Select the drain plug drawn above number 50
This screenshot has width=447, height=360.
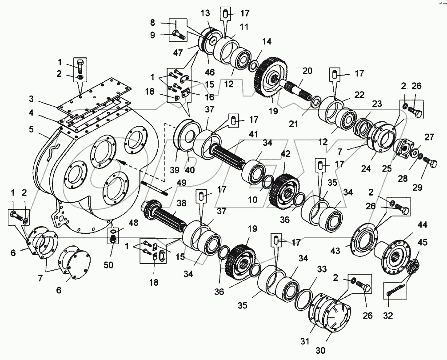(x=113, y=239)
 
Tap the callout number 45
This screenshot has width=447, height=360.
(x=423, y=242)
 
